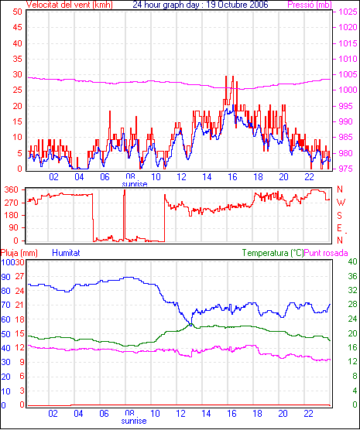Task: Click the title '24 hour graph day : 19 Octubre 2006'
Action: pyautogui.click(x=201, y=5)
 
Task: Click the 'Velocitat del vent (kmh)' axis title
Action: pyautogui.click(x=69, y=5)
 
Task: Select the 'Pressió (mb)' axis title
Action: pyautogui.click(x=310, y=5)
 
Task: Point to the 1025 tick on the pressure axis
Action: pyautogui.click(x=348, y=12)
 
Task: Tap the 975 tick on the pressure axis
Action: pyautogui.click(x=348, y=169)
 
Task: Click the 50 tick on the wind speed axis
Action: pyautogui.click(x=17, y=12)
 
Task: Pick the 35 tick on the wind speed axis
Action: pyautogui.click(x=17, y=59)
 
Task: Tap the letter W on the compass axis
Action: pyautogui.click(x=341, y=203)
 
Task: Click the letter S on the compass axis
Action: pyautogui.click(x=340, y=216)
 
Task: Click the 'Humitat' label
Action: pyautogui.click(x=66, y=253)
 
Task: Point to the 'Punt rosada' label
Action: pyautogui.click(x=326, y=253)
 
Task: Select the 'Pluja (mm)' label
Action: pyautogui.click(x=19, y=253)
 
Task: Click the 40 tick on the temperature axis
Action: pyautogui.click(x=352, y=261)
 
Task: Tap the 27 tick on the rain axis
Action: pyautogui.click(x=20, y=276)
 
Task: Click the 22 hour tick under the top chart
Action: pyautogui.click(x=309, y=177)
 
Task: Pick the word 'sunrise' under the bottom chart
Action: pyautogui.click(x=134, y=421)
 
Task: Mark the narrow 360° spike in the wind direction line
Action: pyautogui.click(x=125, y=215)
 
